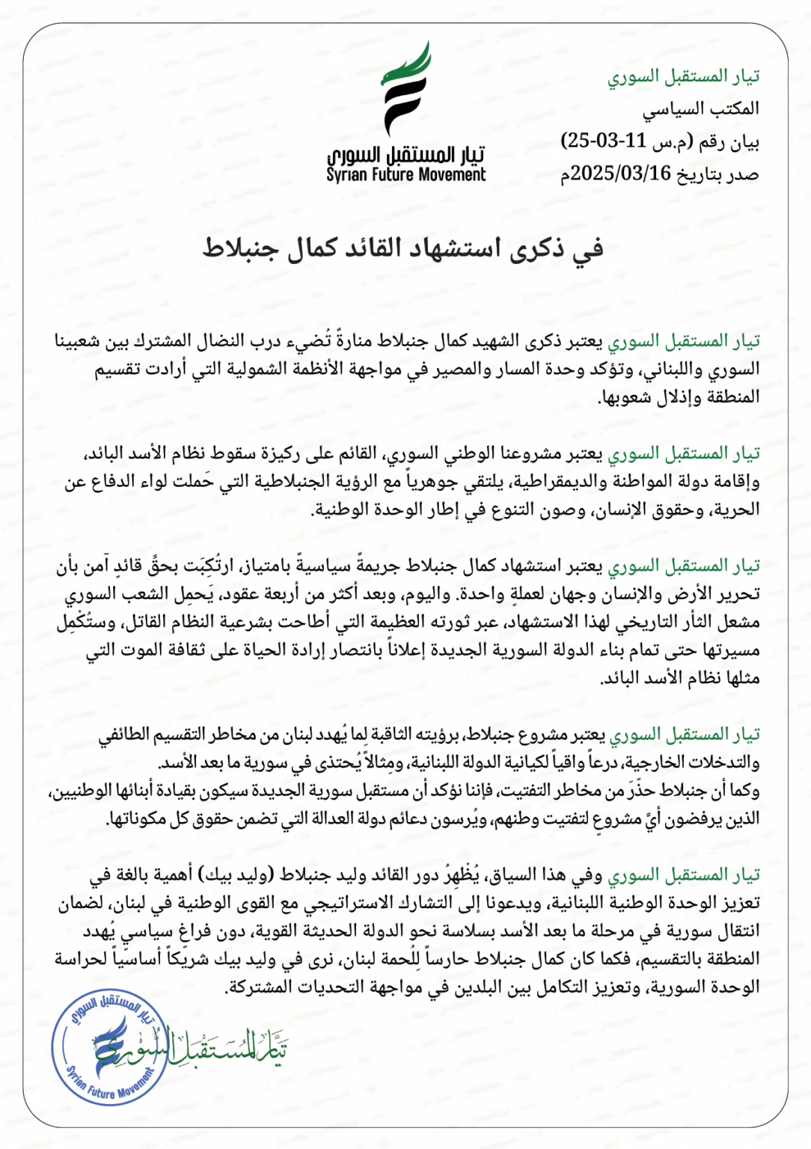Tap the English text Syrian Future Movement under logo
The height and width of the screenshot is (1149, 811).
coord(405,175)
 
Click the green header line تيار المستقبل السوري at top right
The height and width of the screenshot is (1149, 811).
coord(683,76)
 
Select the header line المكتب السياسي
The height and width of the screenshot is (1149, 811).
coord(700,109)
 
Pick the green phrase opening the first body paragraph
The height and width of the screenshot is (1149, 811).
coord(683,341)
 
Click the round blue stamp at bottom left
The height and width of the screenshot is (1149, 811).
coord(111,1047)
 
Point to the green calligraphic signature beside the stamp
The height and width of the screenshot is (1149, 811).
coord(224,1047)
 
